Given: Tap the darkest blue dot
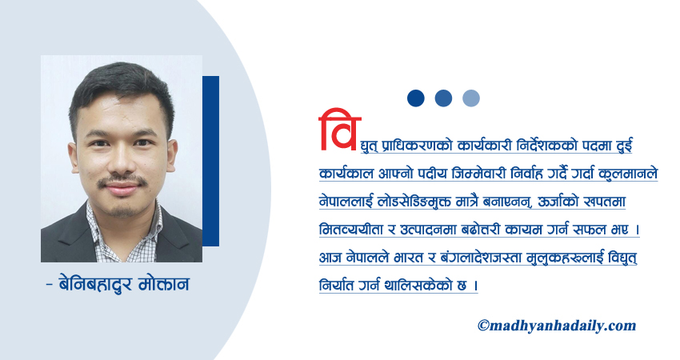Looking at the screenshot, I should pos(416,98).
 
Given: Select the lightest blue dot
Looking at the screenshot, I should pos(471,98).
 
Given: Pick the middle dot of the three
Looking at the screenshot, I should pos(443,98).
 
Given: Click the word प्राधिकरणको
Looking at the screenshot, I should pos(415,146).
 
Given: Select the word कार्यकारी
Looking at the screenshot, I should pos(487,146).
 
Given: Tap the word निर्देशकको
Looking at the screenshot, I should pos(556,146).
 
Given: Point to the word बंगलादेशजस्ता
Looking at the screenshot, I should pos(481,257).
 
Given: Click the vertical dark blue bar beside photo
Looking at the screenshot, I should pos(210,161).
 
